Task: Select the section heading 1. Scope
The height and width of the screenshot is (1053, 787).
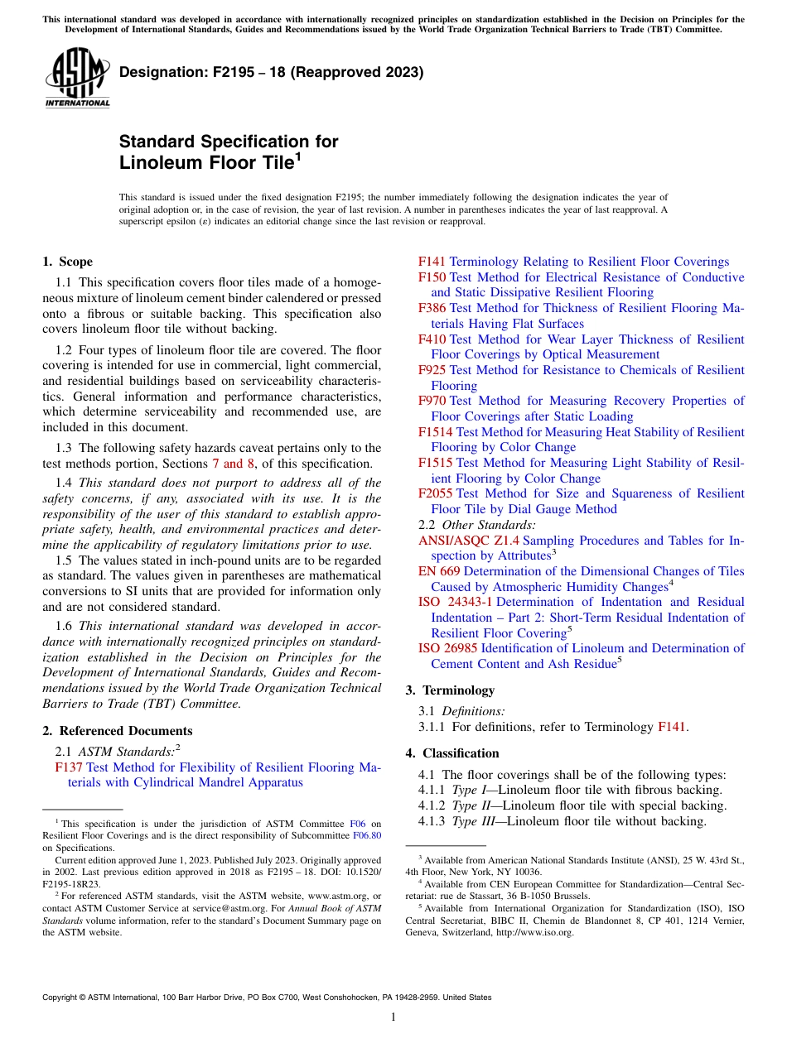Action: (67, 262)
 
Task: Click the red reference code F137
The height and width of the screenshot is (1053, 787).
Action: (68, 767)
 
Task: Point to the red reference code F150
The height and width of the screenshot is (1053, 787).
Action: (432, 277)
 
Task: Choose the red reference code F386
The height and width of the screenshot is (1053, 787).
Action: (432, 308)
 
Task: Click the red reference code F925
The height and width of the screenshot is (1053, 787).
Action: (432, 370)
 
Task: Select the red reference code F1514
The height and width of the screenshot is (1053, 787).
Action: (435, 432)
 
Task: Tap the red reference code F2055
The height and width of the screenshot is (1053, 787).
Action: (435, 493)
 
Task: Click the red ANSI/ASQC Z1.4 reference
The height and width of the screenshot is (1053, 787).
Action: (469, 541)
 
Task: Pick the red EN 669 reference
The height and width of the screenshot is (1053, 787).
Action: (439, 571)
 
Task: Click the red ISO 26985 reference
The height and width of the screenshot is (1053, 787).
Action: (447, 648)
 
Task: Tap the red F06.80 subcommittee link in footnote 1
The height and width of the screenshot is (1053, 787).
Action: (367, 835)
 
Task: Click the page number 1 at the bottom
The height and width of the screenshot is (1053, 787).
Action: (393, 1017)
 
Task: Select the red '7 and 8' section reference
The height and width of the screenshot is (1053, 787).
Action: (233, 464)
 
